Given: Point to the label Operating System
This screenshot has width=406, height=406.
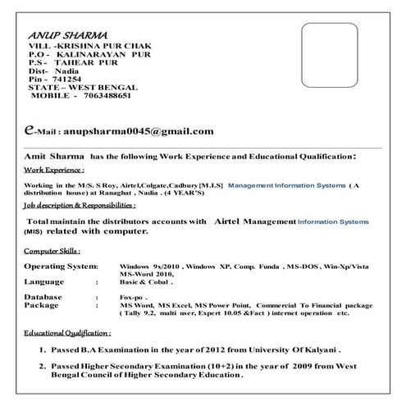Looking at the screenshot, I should [x=61, y=267].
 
